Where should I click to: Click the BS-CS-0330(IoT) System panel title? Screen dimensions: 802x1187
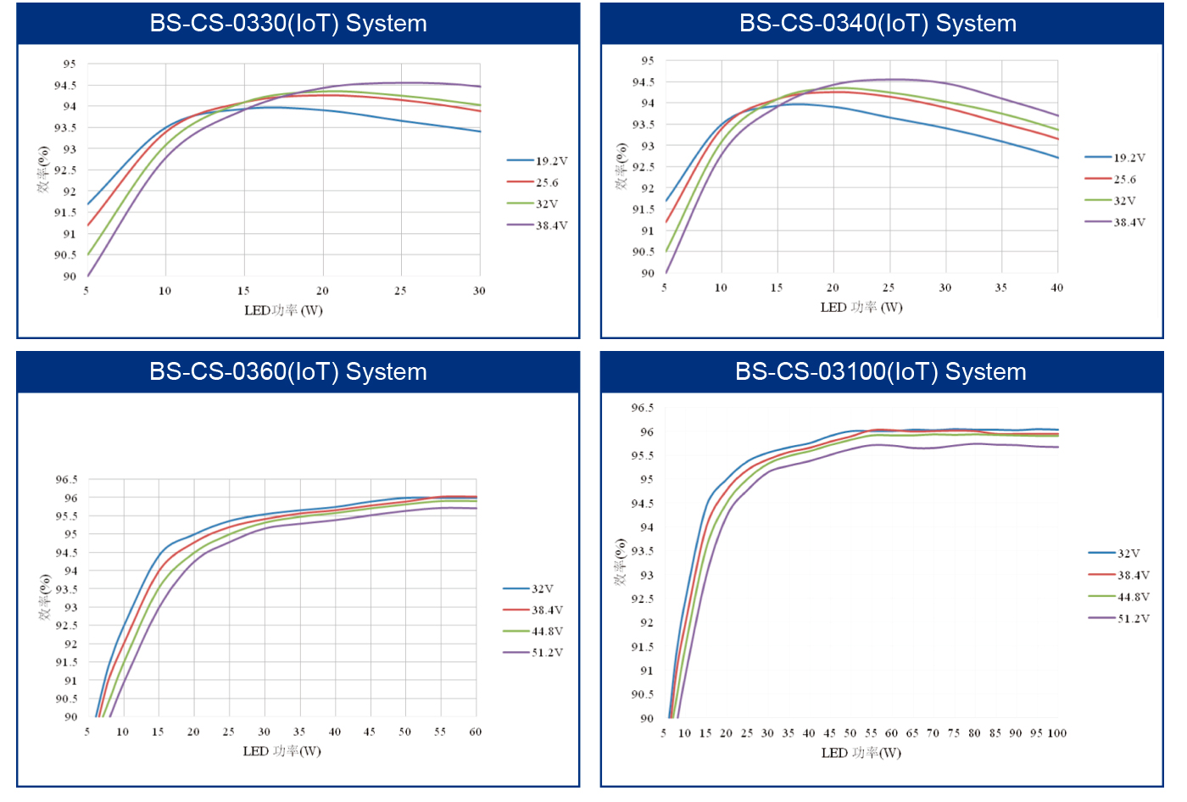[288, 24]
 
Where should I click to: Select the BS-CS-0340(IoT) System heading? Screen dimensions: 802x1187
[878, 24]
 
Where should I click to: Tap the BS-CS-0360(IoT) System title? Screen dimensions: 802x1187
[288, 372]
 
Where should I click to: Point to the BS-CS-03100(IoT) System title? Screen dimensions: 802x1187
[880, 372]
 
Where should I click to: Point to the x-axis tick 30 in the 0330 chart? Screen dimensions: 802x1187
[479, 291]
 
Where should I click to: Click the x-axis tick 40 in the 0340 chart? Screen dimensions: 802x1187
[1056, 288]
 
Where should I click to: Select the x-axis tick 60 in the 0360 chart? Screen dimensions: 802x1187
[476, 732]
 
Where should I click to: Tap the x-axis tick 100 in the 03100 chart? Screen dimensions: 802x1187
[1056, 733]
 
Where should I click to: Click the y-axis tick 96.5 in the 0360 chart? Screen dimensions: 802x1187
[67, 480]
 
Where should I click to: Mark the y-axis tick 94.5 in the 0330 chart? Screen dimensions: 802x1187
[65, 86]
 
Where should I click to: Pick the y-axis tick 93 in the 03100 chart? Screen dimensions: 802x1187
[647, 575]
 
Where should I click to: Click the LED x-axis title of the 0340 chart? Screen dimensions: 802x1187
[861, 308]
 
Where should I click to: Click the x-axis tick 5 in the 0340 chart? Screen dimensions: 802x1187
[665, 288]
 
